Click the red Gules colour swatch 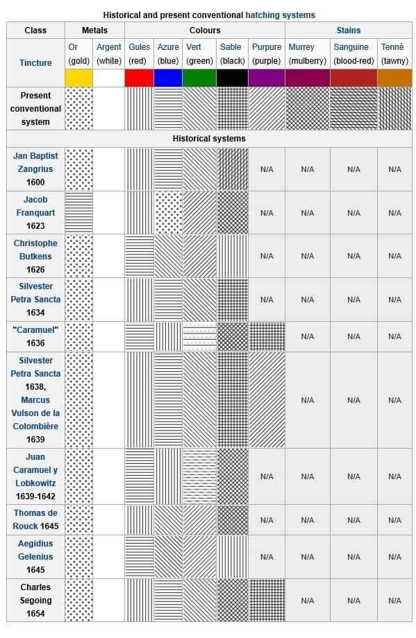(139, 78)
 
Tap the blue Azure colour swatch (168, 78)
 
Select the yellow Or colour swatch (78, 78)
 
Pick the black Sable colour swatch (232, 78)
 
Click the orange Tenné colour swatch (394, 78)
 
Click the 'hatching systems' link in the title (280, 15)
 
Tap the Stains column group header (349, 30)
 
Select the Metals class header (94, 30)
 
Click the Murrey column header (301, 46)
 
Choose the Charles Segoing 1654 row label (35, 600)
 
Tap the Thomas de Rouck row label (35, 519)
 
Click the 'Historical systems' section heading (209, 138)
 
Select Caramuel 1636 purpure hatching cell (267, 336)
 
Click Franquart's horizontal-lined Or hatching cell (78, 212)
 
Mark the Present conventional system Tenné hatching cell (394, 109)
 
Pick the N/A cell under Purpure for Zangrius (267, 169)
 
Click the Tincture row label (35, 62)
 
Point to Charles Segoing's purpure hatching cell (267, 600)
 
